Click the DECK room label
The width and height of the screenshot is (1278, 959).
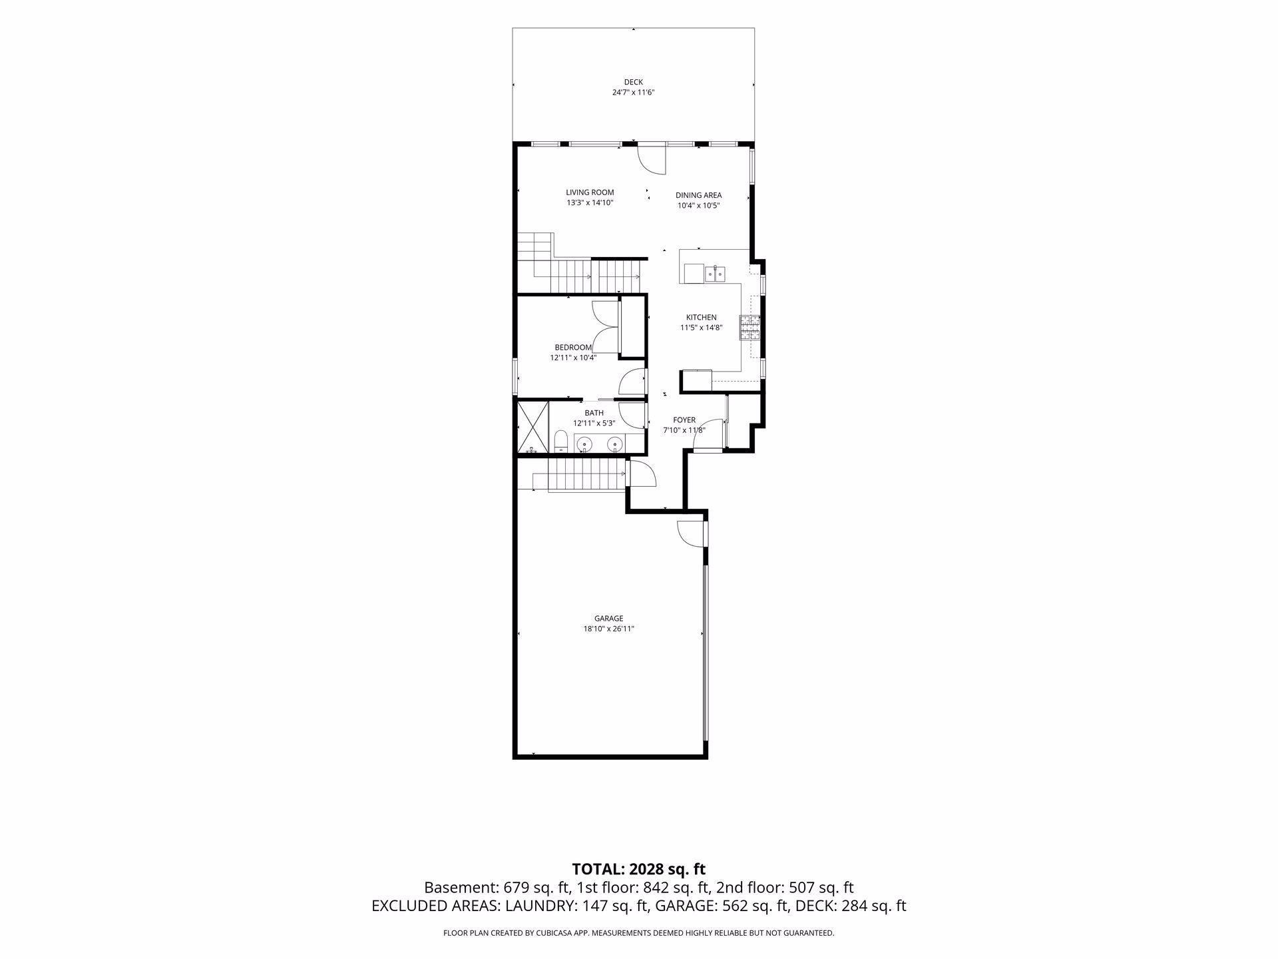point(633,82)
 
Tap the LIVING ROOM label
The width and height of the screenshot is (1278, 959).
point(590,192)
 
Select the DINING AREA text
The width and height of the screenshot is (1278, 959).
point(698,195)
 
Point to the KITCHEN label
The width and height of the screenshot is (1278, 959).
point(701,318)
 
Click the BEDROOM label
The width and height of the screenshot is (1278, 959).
point(573,348)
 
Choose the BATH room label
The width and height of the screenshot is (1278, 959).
point(594,413)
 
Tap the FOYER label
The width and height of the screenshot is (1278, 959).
point(684,420)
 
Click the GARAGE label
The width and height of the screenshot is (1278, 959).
point(608,619)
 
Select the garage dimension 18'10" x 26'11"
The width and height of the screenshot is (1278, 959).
point(608,629)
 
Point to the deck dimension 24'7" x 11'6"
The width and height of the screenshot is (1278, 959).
point(633,93)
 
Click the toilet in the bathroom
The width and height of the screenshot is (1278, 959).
point(560,440)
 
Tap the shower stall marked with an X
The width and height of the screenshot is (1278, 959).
point(532,426)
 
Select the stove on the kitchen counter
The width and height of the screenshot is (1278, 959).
point(749,327)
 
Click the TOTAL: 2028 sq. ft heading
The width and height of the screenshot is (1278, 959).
point(638,869)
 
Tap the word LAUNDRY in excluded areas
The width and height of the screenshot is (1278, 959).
point(540,906)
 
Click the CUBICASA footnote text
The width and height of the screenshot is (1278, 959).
point(638,933)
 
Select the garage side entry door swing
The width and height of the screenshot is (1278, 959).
point(690,533)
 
